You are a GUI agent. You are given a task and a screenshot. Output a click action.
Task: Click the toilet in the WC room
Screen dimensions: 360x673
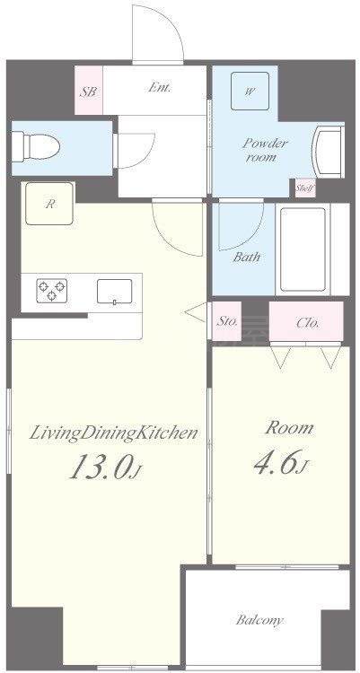click(35, 147)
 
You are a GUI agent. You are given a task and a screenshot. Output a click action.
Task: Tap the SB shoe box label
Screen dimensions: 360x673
click(89, 92)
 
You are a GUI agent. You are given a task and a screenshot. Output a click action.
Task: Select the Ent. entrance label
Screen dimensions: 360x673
click(160, 88)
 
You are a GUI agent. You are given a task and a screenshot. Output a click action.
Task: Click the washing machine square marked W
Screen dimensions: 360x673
click(250, 91)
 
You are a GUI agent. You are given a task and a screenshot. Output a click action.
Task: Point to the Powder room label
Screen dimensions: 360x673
click(265, 150)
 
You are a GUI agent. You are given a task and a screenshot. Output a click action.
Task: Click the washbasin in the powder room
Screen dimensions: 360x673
click(329, 152)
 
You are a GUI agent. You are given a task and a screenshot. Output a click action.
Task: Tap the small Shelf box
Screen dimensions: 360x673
click(305, 188)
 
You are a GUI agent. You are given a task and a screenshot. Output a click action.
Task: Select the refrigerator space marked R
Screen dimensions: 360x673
click(49, 204)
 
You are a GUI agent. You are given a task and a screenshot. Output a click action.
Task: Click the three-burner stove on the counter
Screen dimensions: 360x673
click(51, 291)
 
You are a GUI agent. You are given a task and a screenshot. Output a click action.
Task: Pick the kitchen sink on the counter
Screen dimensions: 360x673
click(114, 292)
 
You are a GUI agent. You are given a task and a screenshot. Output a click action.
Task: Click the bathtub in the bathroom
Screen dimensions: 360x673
click(303, 249)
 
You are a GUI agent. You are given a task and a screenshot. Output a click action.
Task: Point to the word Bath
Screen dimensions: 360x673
click(247, 258)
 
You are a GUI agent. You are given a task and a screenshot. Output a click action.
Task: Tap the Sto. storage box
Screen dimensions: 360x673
click(227, 321)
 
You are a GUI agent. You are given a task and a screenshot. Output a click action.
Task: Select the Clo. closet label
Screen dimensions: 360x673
click(308, 323)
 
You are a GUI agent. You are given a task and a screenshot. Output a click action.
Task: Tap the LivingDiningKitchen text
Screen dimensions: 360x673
click(113, 433)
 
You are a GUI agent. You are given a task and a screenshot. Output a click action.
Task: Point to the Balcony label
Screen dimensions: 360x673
click(260, 620)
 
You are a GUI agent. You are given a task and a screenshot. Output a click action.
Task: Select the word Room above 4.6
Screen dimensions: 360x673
click(289, 427)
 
